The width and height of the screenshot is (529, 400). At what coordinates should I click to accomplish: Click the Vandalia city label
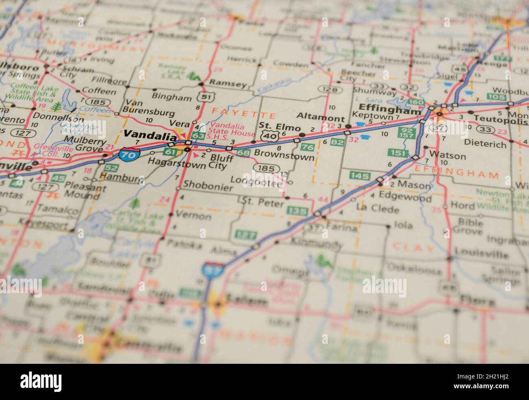point(147,134)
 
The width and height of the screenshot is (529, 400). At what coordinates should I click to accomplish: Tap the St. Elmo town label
point(280,126)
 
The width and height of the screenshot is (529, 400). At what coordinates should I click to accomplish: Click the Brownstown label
point(284,156)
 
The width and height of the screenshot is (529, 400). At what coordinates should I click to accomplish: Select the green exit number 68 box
point(243,153)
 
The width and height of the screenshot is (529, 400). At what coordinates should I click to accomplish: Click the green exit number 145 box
point(360,176)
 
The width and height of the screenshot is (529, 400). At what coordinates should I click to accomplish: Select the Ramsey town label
point(228,84)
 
